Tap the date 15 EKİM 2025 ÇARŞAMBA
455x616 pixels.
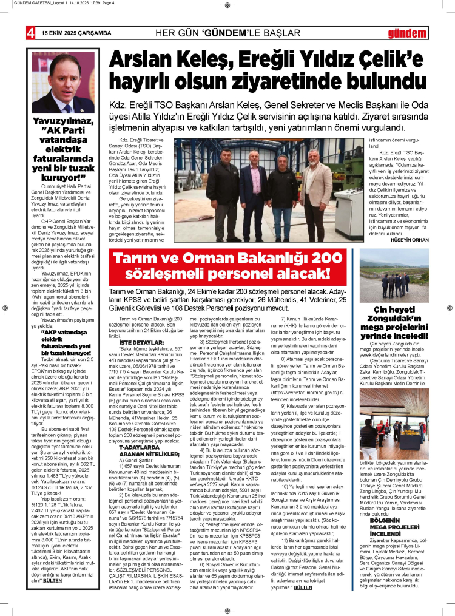coord(76,33)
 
